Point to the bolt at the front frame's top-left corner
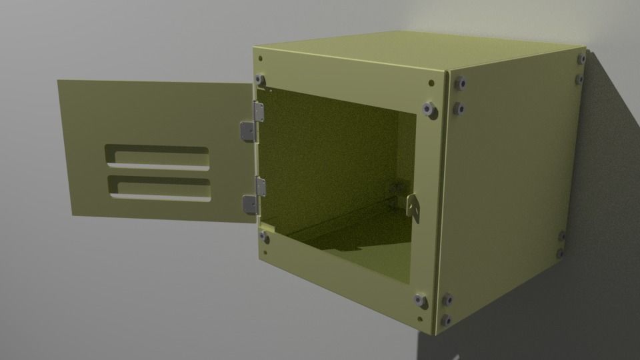click(261, 81)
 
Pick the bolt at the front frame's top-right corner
click(427, 108)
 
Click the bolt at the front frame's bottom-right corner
click(421, 301)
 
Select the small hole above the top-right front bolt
click(431, 83)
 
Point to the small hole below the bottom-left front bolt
click(265, 253)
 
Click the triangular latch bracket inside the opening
click(413, 207)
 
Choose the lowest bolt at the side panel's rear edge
click(560, 254)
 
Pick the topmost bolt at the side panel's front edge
click(459, 84)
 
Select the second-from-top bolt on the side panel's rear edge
click(579, 79)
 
